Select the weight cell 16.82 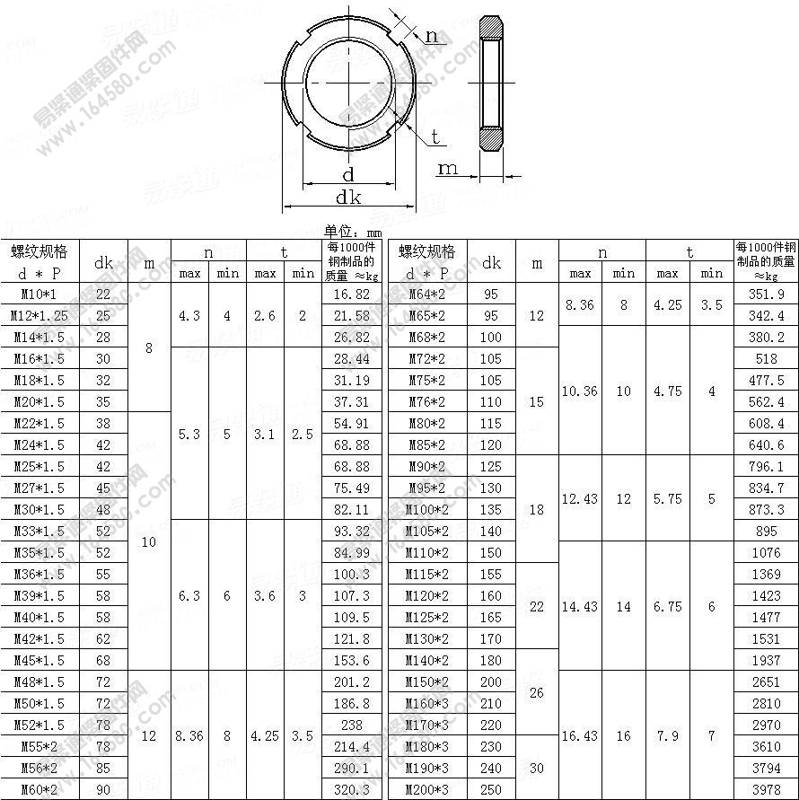pos(350,294)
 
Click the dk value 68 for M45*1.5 pos(103,660)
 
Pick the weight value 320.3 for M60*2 pos(350,789)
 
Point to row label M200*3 pos(426,789)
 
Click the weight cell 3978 pos(766,789)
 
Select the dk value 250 pos(491,789)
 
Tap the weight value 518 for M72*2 pos(766,358)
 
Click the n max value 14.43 pos(580,606)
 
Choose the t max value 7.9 pos(667,735)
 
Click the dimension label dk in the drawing pos(348,197)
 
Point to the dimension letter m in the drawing pos(447,168)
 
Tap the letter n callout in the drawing pos(432,36)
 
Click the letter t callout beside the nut pos(435,136)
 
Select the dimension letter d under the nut pos(348,174)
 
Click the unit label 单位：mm pos(353,231)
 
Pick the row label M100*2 pos(426,509)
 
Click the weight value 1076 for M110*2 pos(766,552)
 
